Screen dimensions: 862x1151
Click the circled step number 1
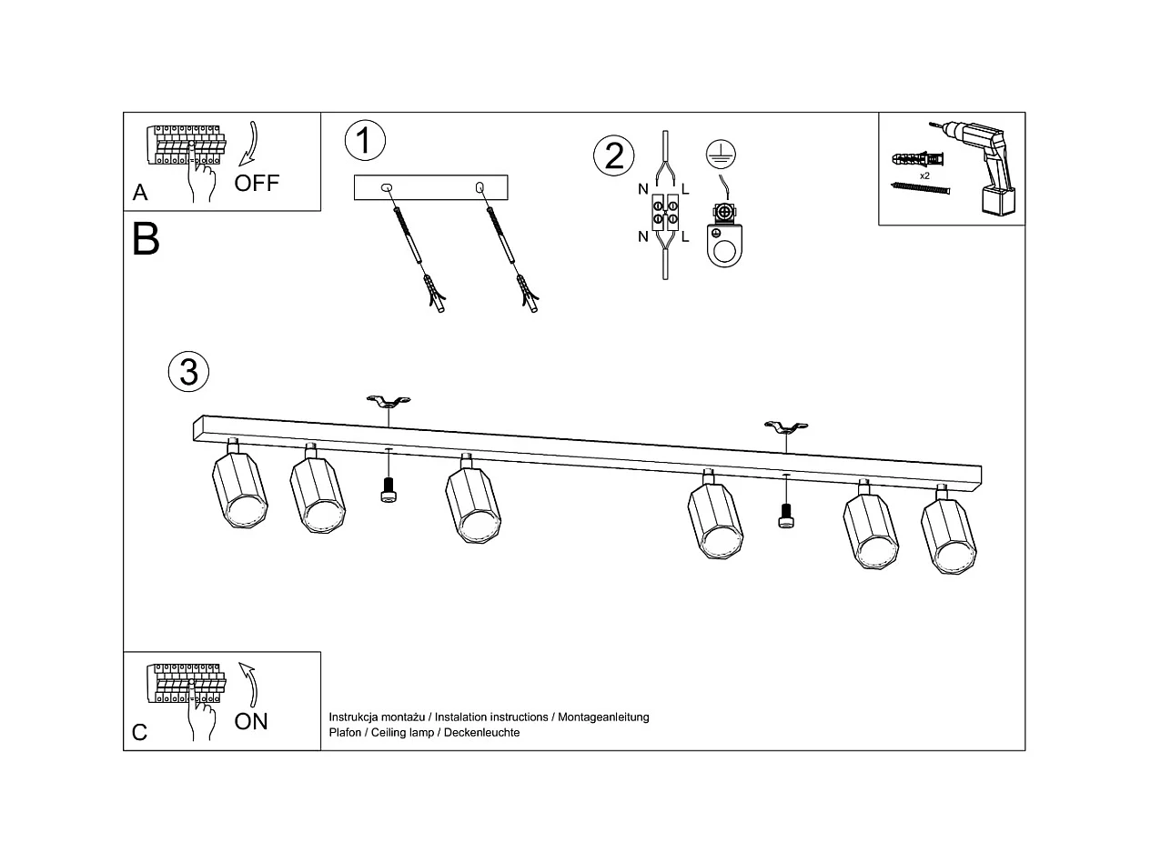(x=365, y=141)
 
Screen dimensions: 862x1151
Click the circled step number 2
(x=613, y=155)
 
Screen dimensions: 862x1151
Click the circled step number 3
(x=188, y=371)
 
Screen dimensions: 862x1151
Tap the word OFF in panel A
(x=257, y=183)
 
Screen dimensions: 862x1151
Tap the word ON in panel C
(x=251, y=721)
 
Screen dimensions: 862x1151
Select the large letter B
(x=146, y=239)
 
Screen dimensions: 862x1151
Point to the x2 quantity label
(x=924, y=175)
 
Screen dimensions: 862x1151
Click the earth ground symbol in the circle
(x=721, y=154)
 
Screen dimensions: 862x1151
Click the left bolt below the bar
(x=389, y=490)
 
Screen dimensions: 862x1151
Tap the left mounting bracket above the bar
(x=389, y=400)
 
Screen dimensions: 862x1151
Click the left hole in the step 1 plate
(x=387, y=187)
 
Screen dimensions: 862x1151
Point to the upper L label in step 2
(x=685, y=190)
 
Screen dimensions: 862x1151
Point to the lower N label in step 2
(x=643, y=236)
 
